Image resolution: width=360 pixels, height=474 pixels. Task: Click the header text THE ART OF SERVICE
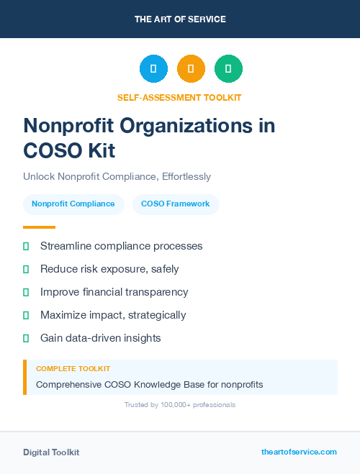pyautogui.click(x=180, y=19)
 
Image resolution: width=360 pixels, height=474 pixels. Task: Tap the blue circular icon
pyautogui.click(x=153, y=69)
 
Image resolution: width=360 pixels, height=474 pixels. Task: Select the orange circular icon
pyautogui.click(x=191, y=69)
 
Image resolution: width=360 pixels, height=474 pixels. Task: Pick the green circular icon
pyautogui.click(x=228, y=69)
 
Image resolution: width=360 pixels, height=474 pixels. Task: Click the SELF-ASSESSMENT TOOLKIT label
pyautogui.click(x=179, y=97)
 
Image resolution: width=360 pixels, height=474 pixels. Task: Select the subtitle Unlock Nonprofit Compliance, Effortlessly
pyautogui.click(x=117, y=176)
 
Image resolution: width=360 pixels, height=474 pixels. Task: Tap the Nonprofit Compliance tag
pyautogui.click(x=73, y=204)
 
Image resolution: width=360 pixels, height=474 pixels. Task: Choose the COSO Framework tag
pyautogui.click(x=176, y=204)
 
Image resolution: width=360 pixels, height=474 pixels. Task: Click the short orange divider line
pyautogui.click(x=39, y=227)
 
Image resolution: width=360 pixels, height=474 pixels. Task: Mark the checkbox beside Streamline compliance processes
pyautogui.click(x=26, y=246)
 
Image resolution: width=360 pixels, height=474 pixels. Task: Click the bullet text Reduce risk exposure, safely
pyautogui.click(x=109, y=269)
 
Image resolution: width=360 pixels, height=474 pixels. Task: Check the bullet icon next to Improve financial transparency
pyautogui.click(x=26, y=292)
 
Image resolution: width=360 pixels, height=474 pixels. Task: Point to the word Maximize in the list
pyautogui.click(x=63, y=315)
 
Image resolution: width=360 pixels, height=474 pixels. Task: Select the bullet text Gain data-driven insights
pyautogui.click(x=101, y=338)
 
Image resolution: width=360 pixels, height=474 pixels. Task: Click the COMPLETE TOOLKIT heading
pyautogui.click(x=73, y=368)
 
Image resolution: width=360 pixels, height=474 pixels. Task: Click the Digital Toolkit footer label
pyautogui.click(x=51, y=452)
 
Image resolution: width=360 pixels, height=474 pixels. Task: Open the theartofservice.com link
pyautogui.click(x=299, y=452)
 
